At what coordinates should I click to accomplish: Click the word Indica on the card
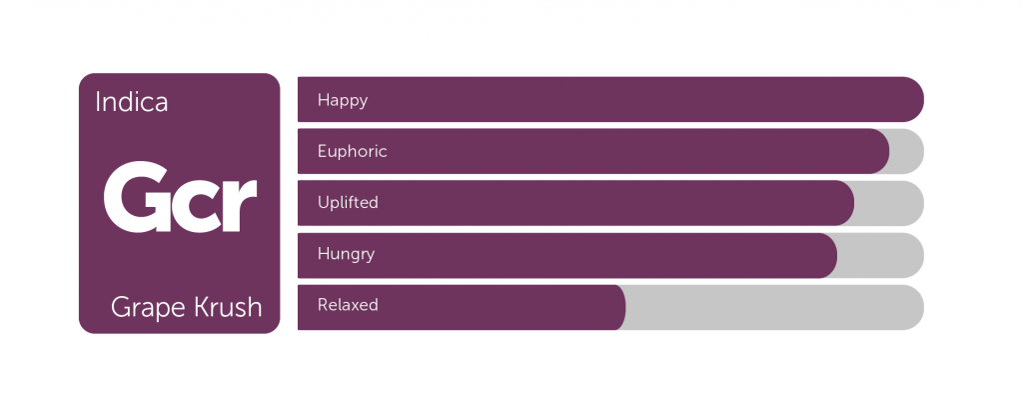131,102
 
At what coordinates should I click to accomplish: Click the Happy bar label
343,101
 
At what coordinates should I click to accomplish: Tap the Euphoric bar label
353,152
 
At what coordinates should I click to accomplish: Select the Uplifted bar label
348,203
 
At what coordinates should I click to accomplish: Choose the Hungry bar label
346,254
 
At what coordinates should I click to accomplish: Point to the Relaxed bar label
348,305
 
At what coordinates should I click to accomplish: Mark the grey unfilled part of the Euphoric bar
908,152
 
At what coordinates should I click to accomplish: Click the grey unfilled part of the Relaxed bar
775,307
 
